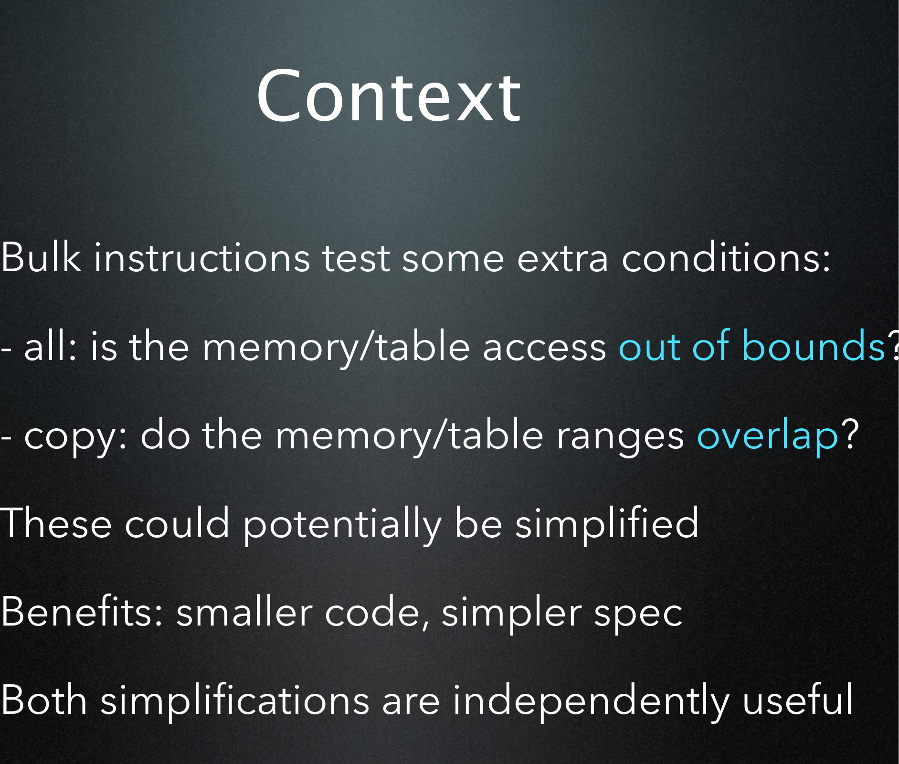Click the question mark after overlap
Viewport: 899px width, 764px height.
click(850, 434)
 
